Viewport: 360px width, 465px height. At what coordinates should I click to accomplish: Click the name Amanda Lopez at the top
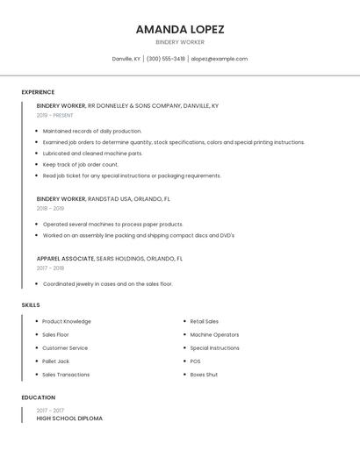click(180, 29)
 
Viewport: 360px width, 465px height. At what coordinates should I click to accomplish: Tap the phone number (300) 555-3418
click(165, 59)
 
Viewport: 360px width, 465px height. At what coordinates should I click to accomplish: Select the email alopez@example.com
click(220, 59)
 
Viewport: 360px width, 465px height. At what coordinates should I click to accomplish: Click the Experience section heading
click(38, 92)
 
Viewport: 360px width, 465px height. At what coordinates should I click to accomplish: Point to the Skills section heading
click(31, 305)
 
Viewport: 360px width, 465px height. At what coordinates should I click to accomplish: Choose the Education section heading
click(38, 397)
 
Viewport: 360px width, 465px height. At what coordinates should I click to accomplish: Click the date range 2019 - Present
click(55, 115)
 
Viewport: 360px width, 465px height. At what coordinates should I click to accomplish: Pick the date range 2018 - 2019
click(50, 209)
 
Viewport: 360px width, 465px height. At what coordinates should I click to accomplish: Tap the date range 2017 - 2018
click(50, 268)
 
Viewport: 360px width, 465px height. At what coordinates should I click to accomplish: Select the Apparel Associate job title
click(65, 259)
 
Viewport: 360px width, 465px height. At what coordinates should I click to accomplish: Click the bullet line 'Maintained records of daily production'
click(92, 131)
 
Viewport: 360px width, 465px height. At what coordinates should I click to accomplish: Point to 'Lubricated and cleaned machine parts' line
click(92, 153)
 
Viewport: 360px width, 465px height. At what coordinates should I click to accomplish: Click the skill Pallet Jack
click(55, 361)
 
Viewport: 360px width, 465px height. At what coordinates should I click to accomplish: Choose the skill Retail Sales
click(205, 321)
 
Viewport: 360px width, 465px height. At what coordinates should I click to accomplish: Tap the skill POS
click(195, 361)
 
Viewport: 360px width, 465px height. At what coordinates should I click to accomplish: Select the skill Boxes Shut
click(204, 375)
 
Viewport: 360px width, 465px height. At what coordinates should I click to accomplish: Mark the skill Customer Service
click(66, 348)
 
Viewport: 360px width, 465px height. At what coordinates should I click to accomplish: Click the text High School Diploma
click(69, 418)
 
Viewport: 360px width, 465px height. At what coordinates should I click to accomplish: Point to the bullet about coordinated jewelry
click(107, 284)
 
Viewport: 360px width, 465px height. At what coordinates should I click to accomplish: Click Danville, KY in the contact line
click(126, 59)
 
